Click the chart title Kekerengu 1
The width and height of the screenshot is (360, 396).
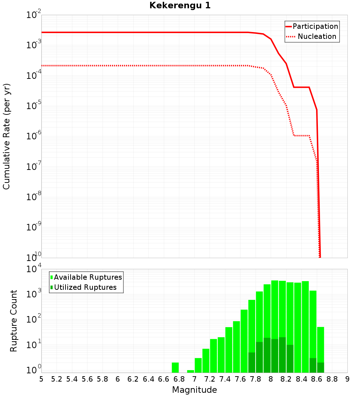(180, 6)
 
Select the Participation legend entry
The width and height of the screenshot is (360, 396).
(315, 27)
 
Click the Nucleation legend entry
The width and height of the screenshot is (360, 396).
(317, 37)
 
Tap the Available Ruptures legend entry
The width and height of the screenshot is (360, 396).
(88, 277)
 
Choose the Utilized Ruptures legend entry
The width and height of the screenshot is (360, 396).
(85, 287)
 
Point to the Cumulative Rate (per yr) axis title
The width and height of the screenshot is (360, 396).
(6, 136)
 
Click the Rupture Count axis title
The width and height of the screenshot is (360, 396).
(14, 321)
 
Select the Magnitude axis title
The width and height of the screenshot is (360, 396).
(194, 390)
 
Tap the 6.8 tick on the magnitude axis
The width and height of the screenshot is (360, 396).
(179, 379)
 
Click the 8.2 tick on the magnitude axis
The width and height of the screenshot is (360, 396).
(286, 379)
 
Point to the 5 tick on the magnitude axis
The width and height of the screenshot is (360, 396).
(41, 379)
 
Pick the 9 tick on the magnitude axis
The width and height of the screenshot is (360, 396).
(347, 379)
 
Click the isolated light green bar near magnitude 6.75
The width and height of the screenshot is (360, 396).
(175, 368)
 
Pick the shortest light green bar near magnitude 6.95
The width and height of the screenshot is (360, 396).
(190, 371)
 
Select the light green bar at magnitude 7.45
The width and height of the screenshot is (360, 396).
(229, 350)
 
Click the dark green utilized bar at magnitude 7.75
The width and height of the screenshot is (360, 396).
(252, 363)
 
